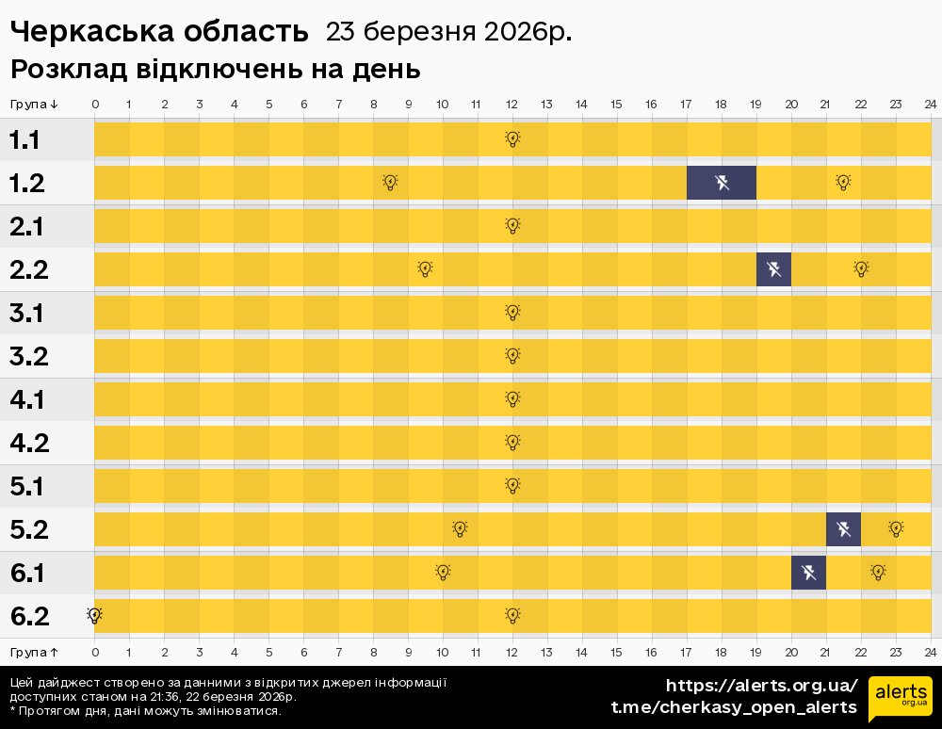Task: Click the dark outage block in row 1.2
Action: pyautogui.click(x=722, y=183)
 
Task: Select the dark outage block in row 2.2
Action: pyautogui.click(x=773, y=269)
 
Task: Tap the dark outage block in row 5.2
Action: pyautogui.click(x=843, y=529)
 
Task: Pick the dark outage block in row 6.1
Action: pyautogui.click(x=808, y=573)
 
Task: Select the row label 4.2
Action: pyautogui.click(x=29, y=443)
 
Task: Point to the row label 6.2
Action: pyautogui.click(x=29, y=616)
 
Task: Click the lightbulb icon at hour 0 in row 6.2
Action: pyautogui.click(x=94, y=615)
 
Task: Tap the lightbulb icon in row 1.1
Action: pyautogui.click(x=512, y=139)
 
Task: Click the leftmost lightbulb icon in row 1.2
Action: pyautogui.click(x=390, y=183)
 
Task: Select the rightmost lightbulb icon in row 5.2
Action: pyautogui.click(x=896, y=529)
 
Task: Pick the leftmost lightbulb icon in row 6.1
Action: pyautogui.click(x=443, y=573)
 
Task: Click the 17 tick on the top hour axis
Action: pyautogui.click(x=687, y=104)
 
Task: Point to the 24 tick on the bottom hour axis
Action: pyautogui.click(x=930, y=652)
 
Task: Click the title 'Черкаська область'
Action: pyautogui.click(x=159, y=32)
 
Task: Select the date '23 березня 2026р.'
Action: pyautogui.click(x=448, y=32)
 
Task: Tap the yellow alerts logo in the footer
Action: pyautogui.click(x=900, y=698)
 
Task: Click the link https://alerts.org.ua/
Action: pyautogui.click(x=761, y=685)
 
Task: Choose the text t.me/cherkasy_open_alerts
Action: pyautogui.click(x=734, y=707)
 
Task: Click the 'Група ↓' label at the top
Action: pyautogui.click(x=35, y=104)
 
